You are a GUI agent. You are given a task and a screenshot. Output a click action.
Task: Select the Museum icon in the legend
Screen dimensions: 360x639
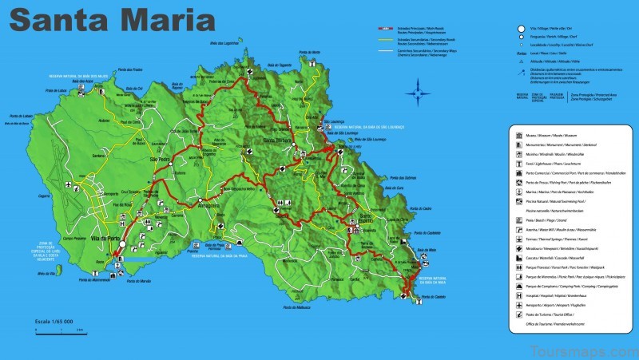pyautogui.click(x=517, y=136)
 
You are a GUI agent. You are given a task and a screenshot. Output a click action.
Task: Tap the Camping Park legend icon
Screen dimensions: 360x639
pyautogui.click(x=517, y=284)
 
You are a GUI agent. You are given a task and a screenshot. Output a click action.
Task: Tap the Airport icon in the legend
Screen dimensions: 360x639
pyautogui.click(x=517, y=305)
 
